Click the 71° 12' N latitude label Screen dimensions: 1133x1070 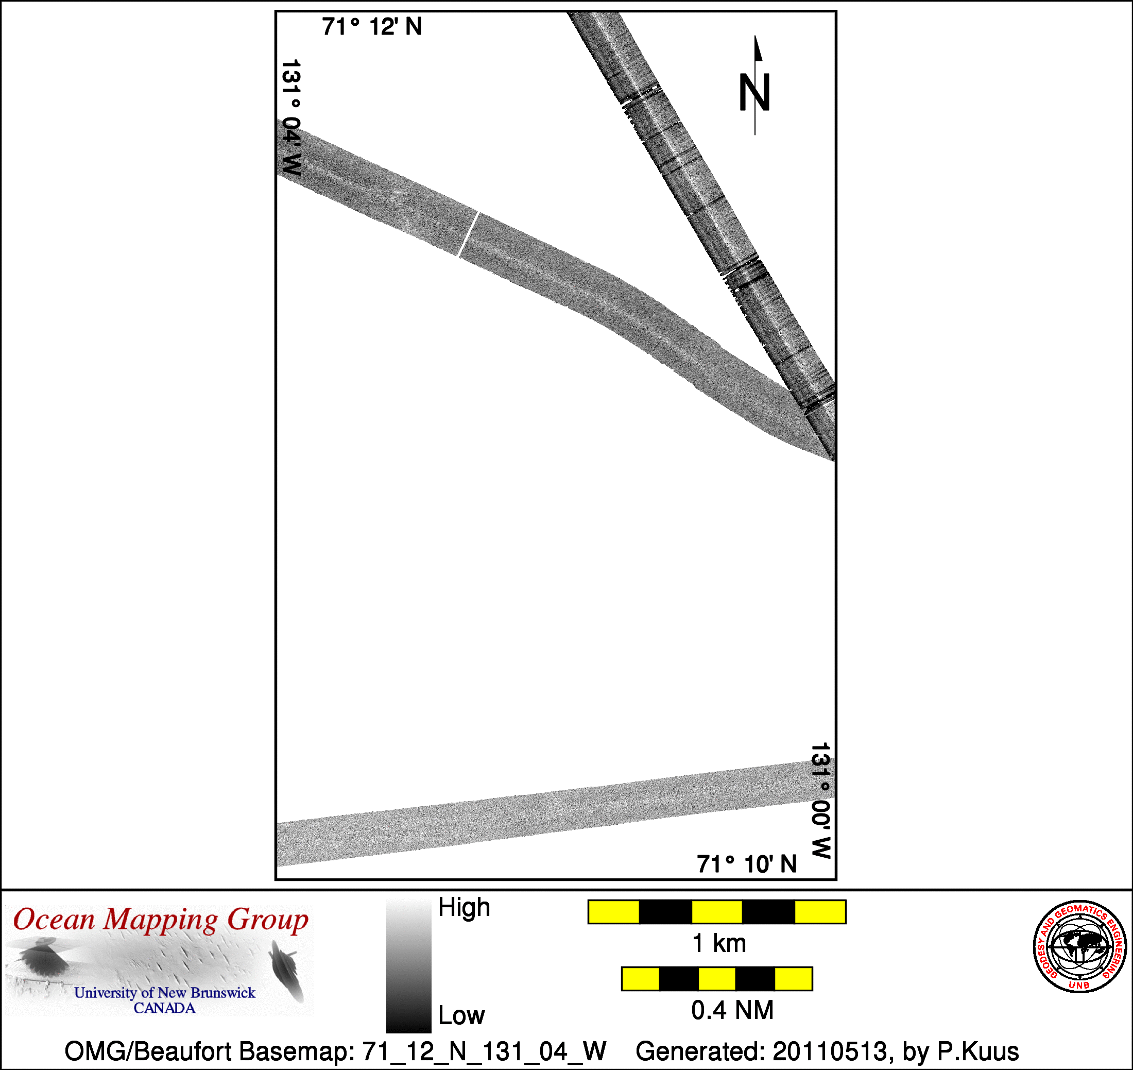coord(372,27)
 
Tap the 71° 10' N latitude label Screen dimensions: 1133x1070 coord(746,864)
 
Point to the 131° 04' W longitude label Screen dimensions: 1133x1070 coord(291,117)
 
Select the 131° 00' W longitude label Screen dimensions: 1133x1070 coord(820,801)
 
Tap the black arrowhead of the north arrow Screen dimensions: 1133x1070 coord(758,48)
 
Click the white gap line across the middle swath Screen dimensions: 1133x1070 coord(468,234)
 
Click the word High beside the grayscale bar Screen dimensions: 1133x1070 coord(463,907)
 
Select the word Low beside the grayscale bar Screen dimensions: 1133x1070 coord(461,1016)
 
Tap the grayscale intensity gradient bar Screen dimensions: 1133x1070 coord(408,966)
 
